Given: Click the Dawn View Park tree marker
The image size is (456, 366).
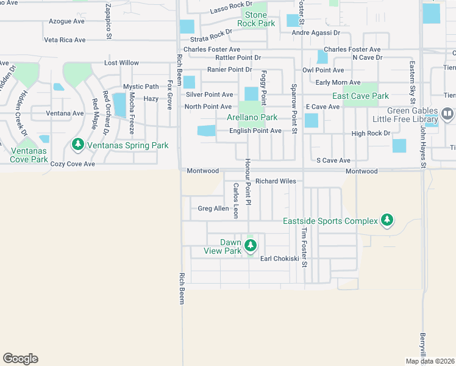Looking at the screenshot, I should click(251, 246).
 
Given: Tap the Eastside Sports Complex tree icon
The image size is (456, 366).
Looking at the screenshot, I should click(386, 220).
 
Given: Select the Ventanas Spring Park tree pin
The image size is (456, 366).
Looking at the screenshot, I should click(77, 145).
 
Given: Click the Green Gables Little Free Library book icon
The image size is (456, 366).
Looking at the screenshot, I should click(447, 113).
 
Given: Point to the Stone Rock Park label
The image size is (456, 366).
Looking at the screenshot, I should click(256, 19).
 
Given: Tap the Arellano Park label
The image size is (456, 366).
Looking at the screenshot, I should click(252, 117).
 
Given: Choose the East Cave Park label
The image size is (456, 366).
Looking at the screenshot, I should click(360, 96).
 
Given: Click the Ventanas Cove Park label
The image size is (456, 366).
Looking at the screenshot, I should click(29, 155).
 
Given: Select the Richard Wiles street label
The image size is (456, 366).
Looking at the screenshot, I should click(276, 181).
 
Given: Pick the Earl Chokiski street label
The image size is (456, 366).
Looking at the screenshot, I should click(280, 259).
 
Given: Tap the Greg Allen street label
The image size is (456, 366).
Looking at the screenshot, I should click(213, 209).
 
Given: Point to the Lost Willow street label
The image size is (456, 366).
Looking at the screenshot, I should click(122, 63).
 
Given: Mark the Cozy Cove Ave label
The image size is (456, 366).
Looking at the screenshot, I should click(73, 164).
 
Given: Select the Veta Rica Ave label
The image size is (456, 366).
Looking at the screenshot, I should click(65, 40).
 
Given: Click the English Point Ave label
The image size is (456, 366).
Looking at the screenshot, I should click(255, 131).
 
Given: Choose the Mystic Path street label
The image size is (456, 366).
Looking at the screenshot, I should click(141, 87).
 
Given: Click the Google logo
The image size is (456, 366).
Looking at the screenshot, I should click(20, 359).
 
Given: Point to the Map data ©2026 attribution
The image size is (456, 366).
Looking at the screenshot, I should click(430, 361).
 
